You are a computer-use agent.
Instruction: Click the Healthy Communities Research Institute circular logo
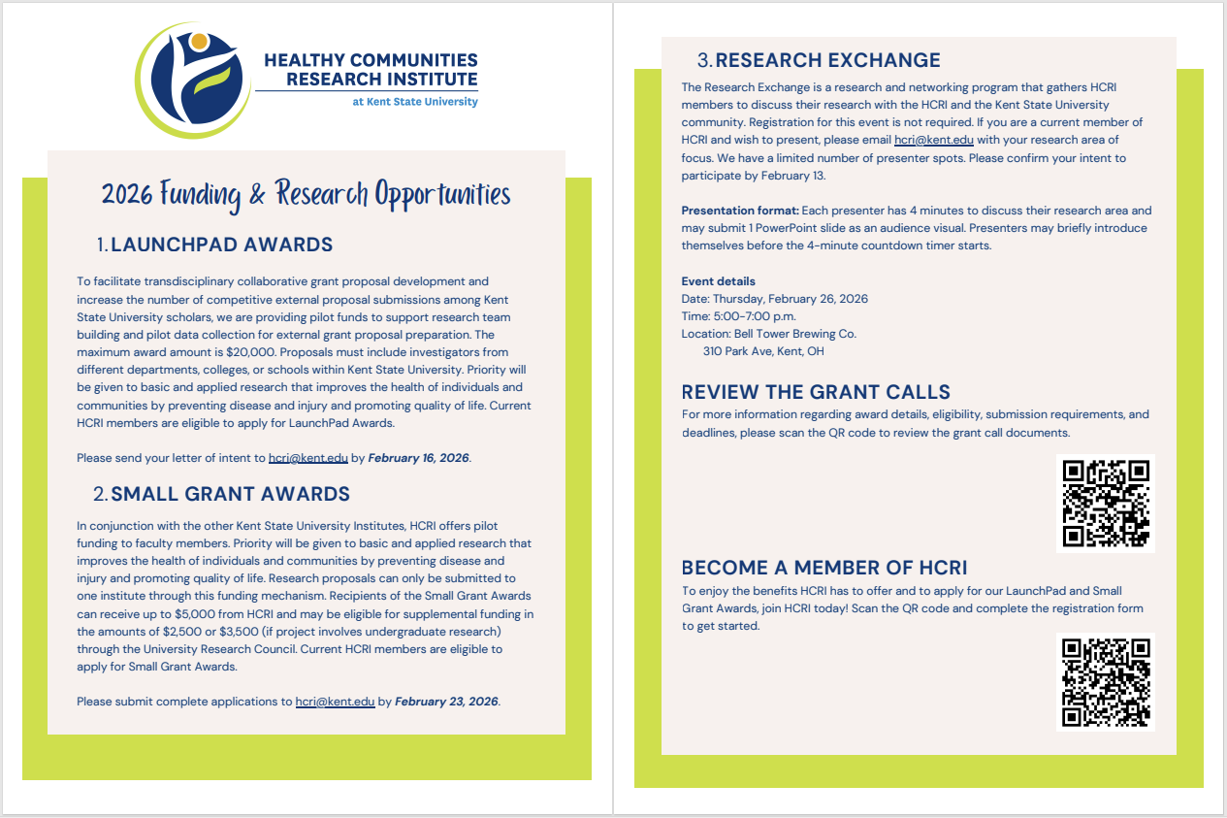click(192, 79)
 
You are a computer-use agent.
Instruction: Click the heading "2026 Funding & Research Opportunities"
click(306, 193)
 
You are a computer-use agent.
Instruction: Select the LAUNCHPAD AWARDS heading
click(222, 245)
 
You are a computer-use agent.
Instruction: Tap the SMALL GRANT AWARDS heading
click(230, 495)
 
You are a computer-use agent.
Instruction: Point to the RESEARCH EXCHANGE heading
click(827, 60)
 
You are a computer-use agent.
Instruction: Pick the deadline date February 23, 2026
click(447, 702)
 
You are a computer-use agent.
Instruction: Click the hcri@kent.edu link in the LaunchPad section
click(307, 458)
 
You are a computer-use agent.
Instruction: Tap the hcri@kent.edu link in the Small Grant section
click(335, 702)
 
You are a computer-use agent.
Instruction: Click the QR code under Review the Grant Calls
click(1105, 504)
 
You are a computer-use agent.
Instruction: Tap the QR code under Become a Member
click(1105, 681)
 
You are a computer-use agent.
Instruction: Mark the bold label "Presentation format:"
click(739, 211)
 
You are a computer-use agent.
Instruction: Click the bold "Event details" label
click(719, 281)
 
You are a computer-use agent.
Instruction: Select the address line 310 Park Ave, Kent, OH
click(763, 351)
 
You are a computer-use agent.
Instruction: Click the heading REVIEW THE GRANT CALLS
click(816, 392)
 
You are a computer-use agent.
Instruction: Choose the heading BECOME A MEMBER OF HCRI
click(823, 568)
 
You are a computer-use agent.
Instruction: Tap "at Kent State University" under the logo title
click(415, 102)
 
